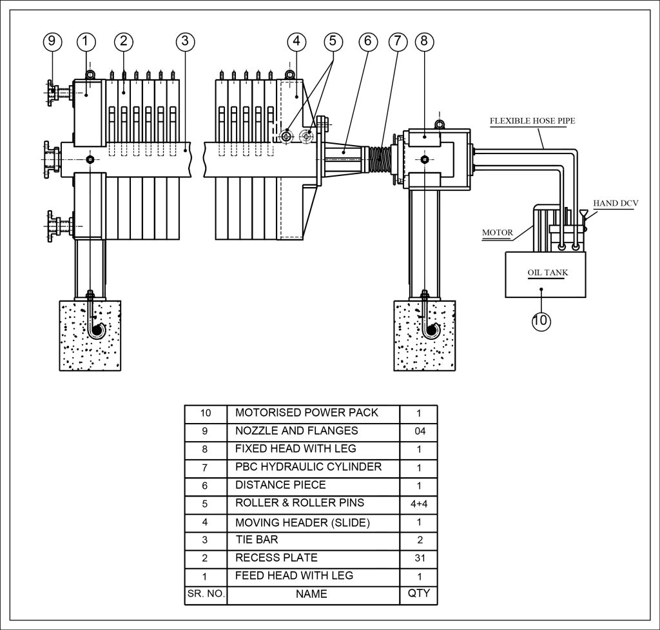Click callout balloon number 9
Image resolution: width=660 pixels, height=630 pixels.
pyautogui.click(x=52, y=41)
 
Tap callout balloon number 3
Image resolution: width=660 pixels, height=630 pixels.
pyautogui.click(x=185, y=41)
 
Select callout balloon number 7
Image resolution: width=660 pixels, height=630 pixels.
pyautogui.click(x=398, y=41)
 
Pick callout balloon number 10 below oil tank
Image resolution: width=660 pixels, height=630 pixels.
pyautogui.click(x=541, y=321)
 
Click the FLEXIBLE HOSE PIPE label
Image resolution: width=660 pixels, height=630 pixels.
pyautogui.click(x=532, y=121)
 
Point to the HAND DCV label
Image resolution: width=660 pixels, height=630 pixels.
pyautogui.click(x=616, y=203)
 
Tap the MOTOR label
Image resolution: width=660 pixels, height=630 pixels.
pyautogui.click(x=498, y=232)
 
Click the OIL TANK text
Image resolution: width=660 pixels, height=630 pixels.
pyautogui.click(x=548, y=273)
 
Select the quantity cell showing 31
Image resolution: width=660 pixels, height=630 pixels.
pyautogui.click(x=419, y=558)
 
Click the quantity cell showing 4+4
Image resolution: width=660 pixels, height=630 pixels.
pyautogui.click(x=419, y=504)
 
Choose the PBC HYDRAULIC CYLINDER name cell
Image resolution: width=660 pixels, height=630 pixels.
pyautogui.click(x=313, y=468)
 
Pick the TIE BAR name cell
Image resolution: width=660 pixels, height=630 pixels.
pyautogui.click(x=313, y=541)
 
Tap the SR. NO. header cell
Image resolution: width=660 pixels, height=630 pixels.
pyautogui.click(x=206, y=594)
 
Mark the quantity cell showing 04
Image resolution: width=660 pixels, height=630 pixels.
pyautogui.click(x=419, y=431)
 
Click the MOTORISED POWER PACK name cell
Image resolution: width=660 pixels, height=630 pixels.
pyautogui.click(x=313, y=413)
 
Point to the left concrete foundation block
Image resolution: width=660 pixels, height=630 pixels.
pyautogui.click(x=90, y=336)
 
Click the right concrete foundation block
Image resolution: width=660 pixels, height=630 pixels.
pyautogui.click(x=424, y=336)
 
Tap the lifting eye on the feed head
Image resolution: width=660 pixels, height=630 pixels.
pyautogui.click(x=90, y=75)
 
